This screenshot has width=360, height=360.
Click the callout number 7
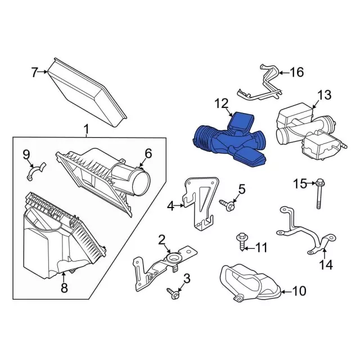point(34,72)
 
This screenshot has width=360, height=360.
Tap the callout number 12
point(222,103)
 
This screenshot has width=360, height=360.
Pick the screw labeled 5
point(227,205)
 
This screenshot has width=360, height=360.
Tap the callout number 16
point(297,73)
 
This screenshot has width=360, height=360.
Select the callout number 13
point(325,95)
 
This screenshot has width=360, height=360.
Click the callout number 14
point(326,265)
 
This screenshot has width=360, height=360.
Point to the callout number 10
point(299,291)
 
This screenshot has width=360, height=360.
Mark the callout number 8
point(64,287)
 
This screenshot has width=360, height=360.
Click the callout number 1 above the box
point(86,130)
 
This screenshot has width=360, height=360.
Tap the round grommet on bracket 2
point(173,258)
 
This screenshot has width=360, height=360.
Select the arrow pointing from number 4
point(179,206)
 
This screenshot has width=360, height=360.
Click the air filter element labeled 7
point(87,92)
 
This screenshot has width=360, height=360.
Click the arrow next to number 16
point(283,73)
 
